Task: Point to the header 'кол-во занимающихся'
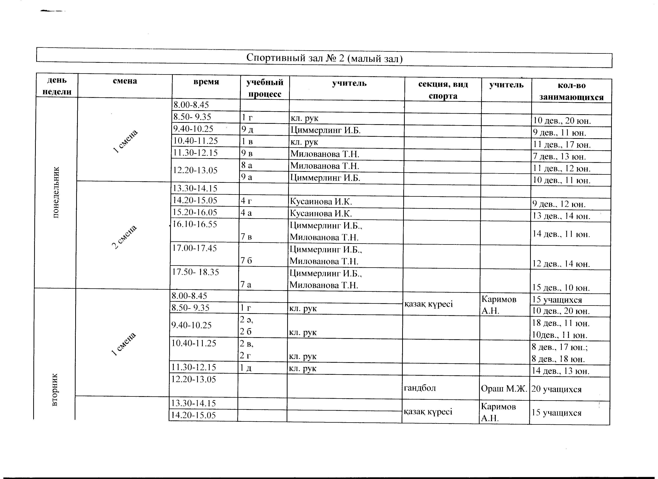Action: tap(571, 91)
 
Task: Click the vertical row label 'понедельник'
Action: tap(56, 192)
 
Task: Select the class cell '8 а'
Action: tap(247, 165)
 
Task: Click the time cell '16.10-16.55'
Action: tap(194, 224)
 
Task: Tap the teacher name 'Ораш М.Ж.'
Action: tap(504, 389)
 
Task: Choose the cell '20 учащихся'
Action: tap(556, 389)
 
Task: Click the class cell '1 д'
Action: tap(246, 368)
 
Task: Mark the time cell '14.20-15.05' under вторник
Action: tap(194, 415)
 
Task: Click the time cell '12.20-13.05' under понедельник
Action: tap(195, 170)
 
